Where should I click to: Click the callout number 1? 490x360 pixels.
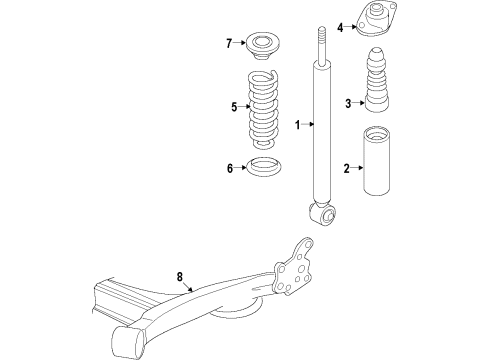click(297, 125)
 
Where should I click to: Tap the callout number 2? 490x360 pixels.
click(347, 169)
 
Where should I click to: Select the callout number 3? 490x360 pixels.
click(347, 103)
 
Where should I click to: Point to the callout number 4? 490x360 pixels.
click(340, 27)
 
